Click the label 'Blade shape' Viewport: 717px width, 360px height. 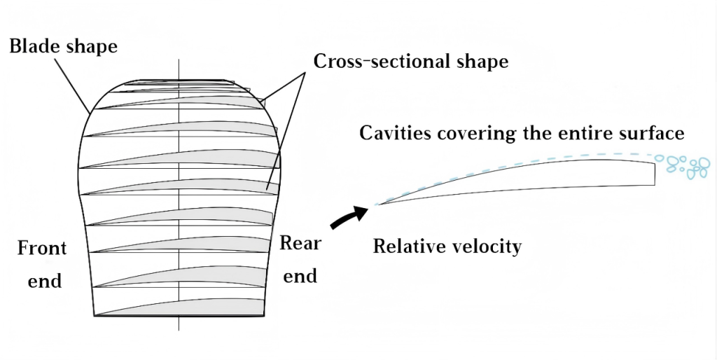(x=63, y=47)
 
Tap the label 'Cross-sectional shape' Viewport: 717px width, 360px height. (x=410, y=61)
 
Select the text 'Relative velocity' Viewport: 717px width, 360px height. (x=447, y=247)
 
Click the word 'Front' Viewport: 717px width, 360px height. (x=42, y=248)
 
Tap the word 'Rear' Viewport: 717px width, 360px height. (x=300, y=244)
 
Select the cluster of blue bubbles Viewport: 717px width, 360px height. (x=688, y=165)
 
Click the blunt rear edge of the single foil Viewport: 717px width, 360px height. (x=655, y=173)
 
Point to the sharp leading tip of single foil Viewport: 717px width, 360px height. (x=378, y=204)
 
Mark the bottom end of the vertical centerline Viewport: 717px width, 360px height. (x=179, y=330)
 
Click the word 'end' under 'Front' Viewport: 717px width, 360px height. (x=45, y=281)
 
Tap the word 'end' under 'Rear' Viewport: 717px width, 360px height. (x=300, y=276)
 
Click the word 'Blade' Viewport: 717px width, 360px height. (x=32, y=47)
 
